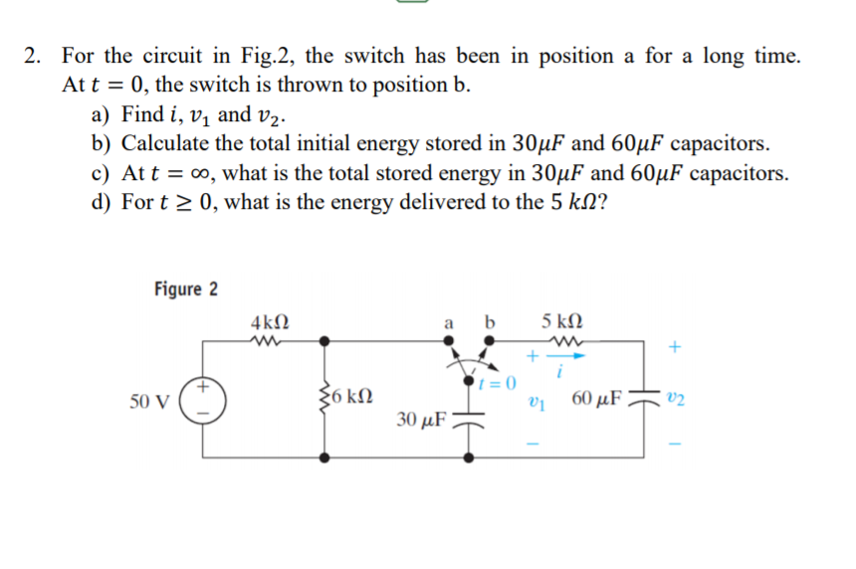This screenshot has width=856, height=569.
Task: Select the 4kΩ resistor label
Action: pyautogui.click(x=271, y=323)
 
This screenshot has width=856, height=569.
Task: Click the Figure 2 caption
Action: pyautogui.click(x=186, y=289)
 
